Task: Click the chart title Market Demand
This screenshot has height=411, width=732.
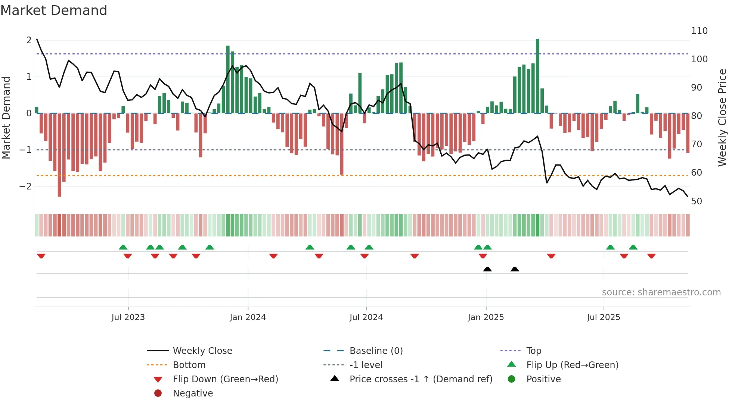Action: click(54, 10)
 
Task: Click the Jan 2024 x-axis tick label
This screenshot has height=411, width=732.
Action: click(248, 317)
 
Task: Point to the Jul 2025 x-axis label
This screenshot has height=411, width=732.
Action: click(603, 317)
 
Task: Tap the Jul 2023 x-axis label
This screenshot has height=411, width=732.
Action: click(128, 317)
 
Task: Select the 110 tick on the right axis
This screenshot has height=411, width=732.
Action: click(699, 31)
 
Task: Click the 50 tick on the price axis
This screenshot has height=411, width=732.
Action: click(697, 201)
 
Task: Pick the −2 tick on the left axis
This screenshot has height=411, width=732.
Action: click(25, 186)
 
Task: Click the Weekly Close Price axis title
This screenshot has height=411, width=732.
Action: click(722, 117)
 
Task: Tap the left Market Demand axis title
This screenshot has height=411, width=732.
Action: click(6, 117)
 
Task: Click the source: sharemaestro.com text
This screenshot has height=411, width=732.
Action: click(661, 292)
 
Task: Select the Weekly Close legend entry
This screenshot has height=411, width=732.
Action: click(202, 351)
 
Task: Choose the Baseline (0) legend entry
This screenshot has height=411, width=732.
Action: click(376, 351)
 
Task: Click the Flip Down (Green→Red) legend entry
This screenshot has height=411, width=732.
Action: click(225, 379)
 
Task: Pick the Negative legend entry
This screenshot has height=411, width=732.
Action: click(193, 393)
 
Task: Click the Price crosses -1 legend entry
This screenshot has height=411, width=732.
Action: click(421, 379)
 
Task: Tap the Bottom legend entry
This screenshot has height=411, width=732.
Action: click(189, 365)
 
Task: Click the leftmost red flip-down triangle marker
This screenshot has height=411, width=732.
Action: click(41, 256)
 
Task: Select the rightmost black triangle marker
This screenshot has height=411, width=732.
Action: click(515, 269)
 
